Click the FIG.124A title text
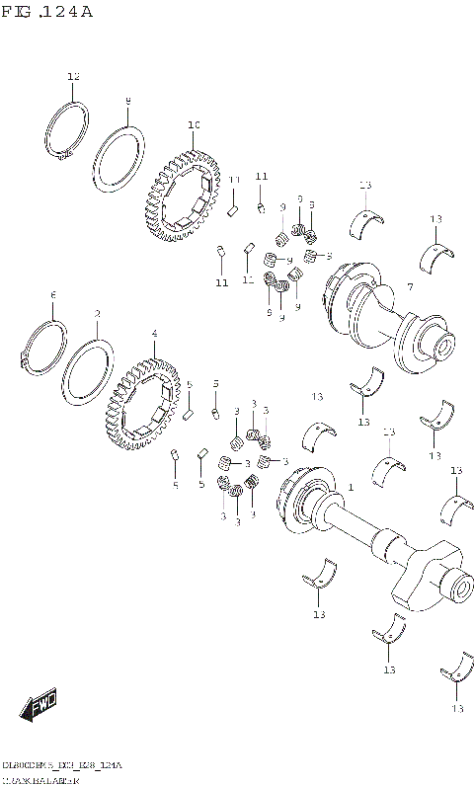point(47,12)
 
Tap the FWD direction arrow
point(39,706)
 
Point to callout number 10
point(194,125)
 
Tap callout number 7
point(408,286)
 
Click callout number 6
point(52,295)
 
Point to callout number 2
point(97,314)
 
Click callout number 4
point(154,335)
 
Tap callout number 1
point(350,488)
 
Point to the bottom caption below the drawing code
point(39,779)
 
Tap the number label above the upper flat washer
point(127,101)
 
